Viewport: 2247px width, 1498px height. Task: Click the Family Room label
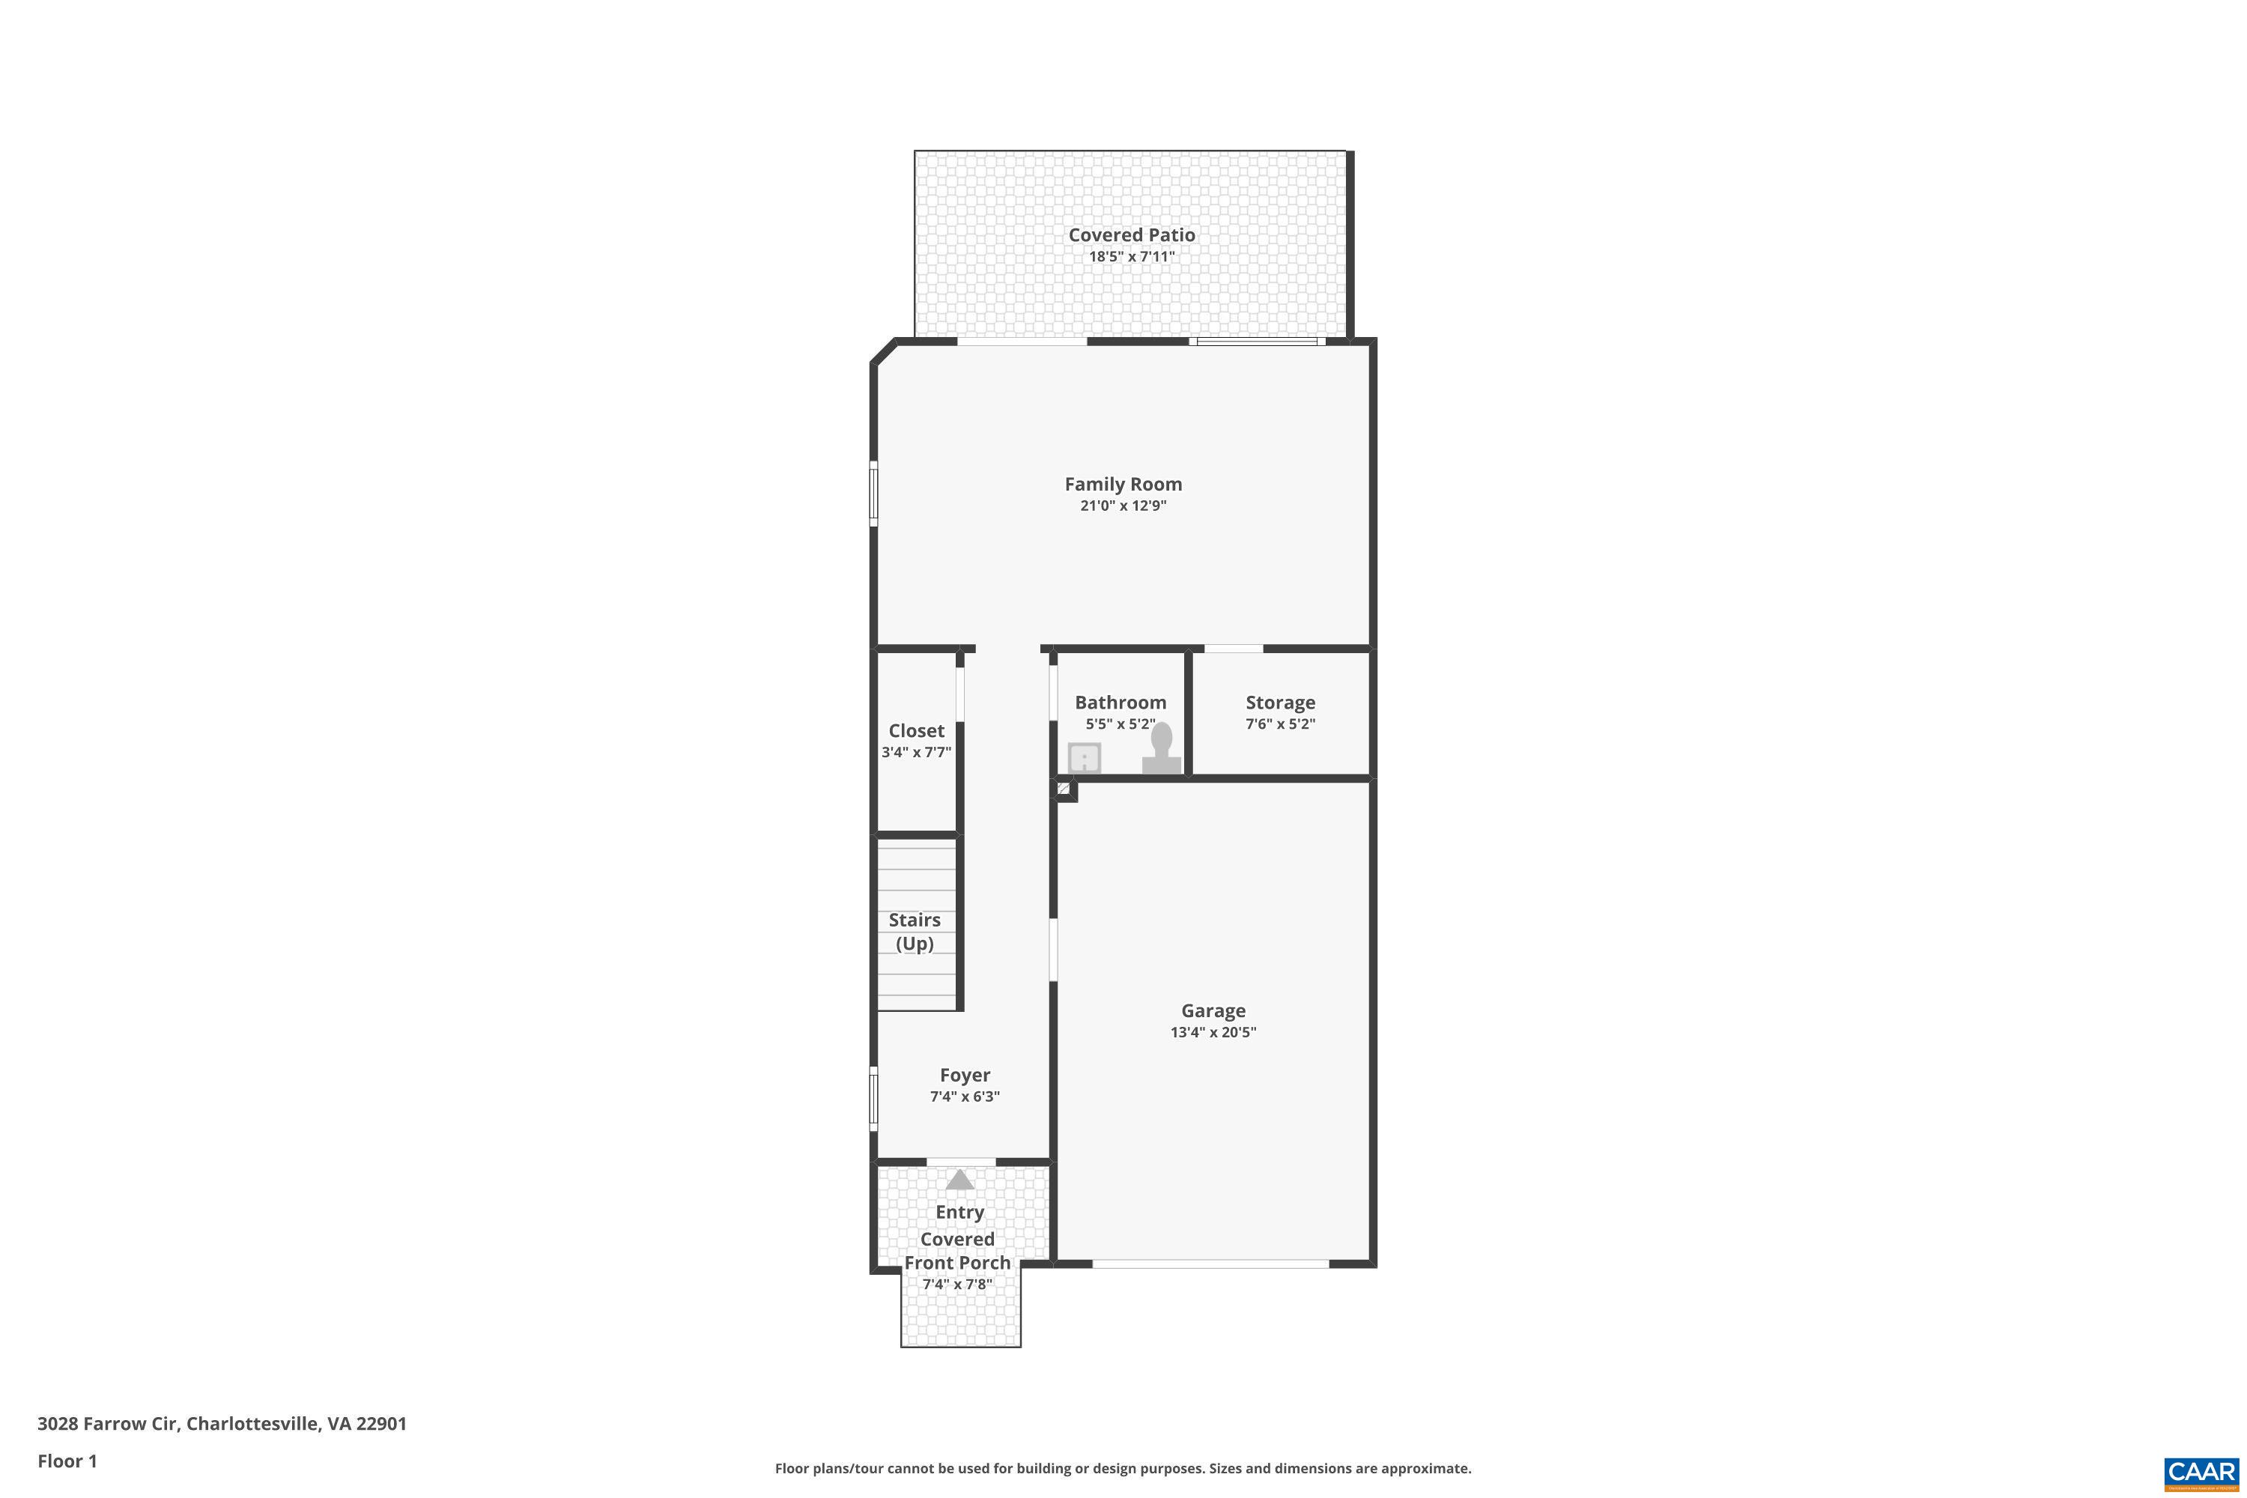[1123, 485]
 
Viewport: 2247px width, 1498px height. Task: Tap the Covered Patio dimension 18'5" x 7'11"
[1131, 256]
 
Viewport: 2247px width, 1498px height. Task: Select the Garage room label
[1213, 1010]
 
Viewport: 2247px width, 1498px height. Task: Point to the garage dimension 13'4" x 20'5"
[1213, 1032]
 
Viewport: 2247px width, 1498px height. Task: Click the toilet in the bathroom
[1162, 749]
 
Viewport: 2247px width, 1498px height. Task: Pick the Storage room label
[1280, 703]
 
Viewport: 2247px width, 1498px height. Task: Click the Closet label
[916, 731]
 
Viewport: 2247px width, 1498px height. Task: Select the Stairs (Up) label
[915, 932]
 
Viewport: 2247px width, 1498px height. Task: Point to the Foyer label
[965, 1075]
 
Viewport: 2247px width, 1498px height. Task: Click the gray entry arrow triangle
[959, 1180]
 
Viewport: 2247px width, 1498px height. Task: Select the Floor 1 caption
[67, 1461]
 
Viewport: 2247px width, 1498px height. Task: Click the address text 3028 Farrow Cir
[107, 1424]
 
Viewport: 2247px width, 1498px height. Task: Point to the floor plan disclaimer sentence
[1123, 1468]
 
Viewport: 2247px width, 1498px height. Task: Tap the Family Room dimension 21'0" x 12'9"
[1123, 506]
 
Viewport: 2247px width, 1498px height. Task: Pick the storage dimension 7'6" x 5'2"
[1280, 724]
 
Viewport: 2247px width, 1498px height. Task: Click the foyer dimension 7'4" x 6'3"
[965, 1097]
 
